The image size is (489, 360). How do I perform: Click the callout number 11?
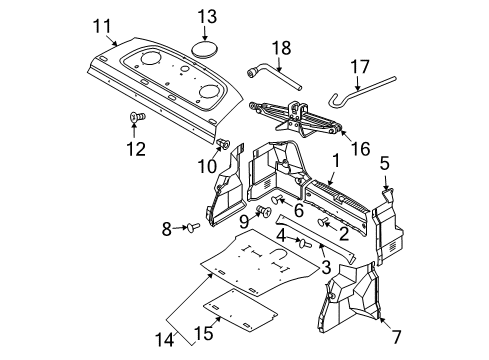click(102, 26)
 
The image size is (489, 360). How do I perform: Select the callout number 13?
click(207, 16)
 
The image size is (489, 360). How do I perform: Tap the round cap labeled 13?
click(204, 49)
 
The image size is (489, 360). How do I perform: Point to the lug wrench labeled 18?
click(274, 77)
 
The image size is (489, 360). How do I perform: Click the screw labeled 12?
click(137, 117)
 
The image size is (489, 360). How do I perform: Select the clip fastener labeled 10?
click(223, 144)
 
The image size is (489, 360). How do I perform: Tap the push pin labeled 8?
click(193, 227)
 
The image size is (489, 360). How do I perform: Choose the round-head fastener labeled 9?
click(264, 211)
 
